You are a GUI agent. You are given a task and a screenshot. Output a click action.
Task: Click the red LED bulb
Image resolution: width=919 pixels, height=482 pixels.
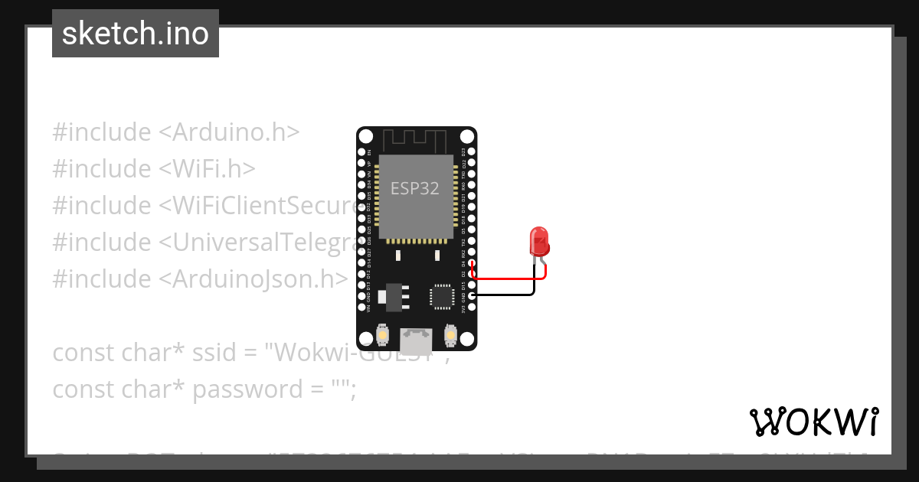coord(539,240)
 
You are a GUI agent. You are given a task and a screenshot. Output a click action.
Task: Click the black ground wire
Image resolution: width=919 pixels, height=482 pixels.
coord(505,295)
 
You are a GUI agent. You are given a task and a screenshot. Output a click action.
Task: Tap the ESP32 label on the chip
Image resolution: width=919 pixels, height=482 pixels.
coord(415,188)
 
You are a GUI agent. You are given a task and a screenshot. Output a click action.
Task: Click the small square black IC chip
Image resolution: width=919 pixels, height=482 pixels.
coord(442,297)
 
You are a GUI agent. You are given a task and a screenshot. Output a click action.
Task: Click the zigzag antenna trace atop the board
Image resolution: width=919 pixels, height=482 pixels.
coord(414,141)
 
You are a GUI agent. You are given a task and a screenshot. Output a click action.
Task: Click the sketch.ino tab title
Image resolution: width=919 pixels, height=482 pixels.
coord(136,34)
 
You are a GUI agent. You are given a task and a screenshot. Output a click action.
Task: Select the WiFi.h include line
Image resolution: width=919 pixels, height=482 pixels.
coord(154,168)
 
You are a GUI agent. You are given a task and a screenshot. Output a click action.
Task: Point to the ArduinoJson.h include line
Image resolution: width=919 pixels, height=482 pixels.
coord(200,278)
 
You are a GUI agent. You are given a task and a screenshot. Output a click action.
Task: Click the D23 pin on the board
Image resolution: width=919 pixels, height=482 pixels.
coord(472,151)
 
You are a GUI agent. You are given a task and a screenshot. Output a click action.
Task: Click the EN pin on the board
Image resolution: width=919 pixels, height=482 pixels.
coord(361,151)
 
